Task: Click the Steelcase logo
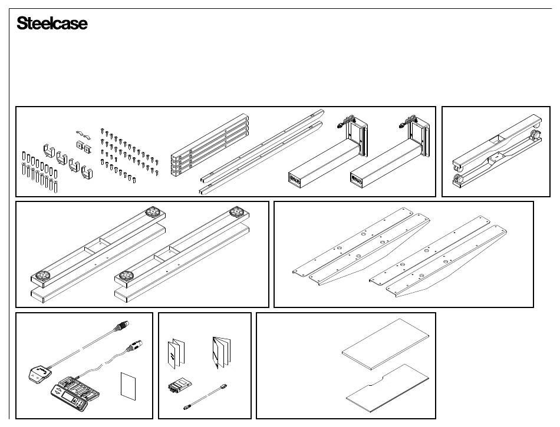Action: click(x=52, y=24)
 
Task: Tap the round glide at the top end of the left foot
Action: click(x=153, y=213)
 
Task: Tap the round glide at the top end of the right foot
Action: click(x=238, y=212)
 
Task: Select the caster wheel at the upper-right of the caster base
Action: click(x=536, y=135)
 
